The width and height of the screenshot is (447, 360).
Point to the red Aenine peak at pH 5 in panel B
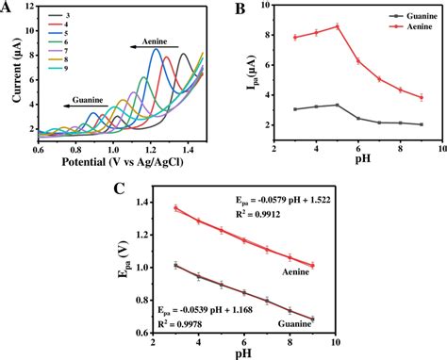pyautogui.click(x=337, y=26)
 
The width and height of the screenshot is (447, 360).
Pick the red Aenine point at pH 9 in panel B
pyautogui.click(x=422, y=97)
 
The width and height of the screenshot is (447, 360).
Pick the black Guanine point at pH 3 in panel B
pyautogui.click(x=295, y=109)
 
